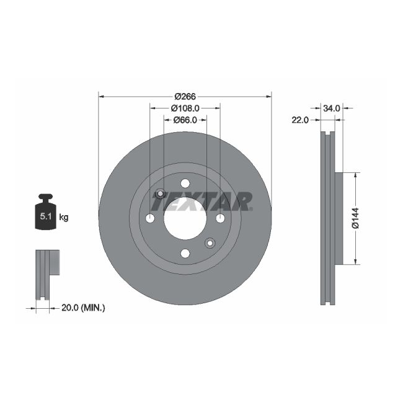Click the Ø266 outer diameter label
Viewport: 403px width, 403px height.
185,96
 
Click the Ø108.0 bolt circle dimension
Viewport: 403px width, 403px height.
185,108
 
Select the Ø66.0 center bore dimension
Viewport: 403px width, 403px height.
185,120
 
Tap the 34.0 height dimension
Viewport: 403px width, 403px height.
332,108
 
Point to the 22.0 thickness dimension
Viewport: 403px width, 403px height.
301,120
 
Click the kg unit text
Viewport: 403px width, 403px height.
63,217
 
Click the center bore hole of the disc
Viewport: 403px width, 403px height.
185,218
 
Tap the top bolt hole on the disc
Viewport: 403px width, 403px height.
185,183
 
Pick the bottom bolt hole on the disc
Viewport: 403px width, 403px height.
185,253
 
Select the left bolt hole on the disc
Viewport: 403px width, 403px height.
150,218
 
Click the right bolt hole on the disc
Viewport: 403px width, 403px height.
220,218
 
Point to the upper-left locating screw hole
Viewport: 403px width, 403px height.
160,194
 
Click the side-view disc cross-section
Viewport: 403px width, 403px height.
328,218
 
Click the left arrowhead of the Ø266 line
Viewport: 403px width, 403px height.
101,96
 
